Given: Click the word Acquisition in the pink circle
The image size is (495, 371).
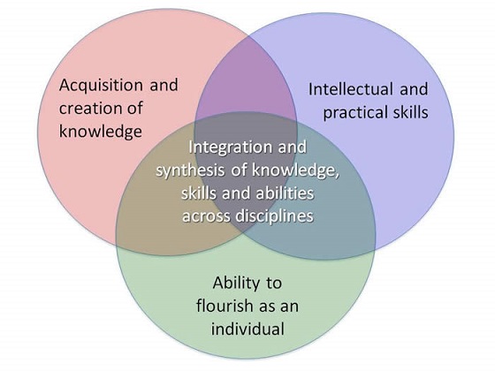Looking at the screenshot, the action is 101,86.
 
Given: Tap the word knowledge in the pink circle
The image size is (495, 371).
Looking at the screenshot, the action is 101,132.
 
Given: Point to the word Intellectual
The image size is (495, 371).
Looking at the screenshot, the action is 351,89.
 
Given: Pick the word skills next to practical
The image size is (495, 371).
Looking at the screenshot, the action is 410,112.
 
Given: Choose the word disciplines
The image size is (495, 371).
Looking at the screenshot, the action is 274,216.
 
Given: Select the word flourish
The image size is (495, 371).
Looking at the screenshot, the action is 225,306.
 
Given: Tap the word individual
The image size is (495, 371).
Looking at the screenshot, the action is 247,329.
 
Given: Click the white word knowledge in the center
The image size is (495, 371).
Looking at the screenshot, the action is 296,170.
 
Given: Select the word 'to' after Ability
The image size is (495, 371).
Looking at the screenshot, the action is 274,284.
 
